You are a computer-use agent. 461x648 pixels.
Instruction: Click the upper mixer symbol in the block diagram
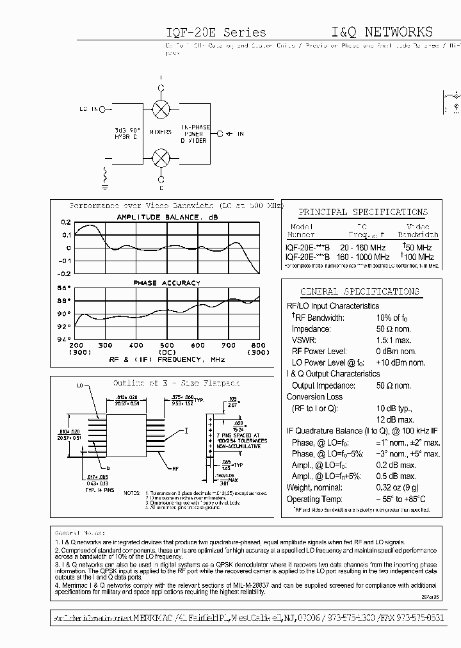pos(161,108)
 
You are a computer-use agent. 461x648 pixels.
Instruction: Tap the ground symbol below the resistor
pos(103,188)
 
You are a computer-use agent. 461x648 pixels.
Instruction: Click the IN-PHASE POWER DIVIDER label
pos(193,134)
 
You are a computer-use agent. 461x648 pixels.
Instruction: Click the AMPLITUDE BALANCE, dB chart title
pos(167,217)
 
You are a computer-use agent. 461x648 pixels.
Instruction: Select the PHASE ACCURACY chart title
pos(166,282)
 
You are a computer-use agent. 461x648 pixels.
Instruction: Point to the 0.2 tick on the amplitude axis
pos(66,223)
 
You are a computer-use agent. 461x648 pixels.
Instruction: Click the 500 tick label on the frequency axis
pos(166,346)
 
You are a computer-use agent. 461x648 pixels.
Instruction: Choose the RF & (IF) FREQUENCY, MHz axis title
pos(167,360)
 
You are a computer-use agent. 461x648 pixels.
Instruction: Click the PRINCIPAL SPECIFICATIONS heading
pos(363,212)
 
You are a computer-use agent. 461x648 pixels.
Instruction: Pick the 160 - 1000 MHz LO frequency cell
pos(363,256)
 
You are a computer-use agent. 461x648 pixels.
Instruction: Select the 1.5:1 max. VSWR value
pos(393,340)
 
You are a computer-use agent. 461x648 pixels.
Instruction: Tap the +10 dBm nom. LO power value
pos(400,362)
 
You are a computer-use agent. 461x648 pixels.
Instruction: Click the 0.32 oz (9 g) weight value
pos(398,487)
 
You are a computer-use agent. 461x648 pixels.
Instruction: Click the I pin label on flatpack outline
pos(186,430)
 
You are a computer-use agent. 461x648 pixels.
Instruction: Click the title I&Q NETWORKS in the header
pos(382,32)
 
